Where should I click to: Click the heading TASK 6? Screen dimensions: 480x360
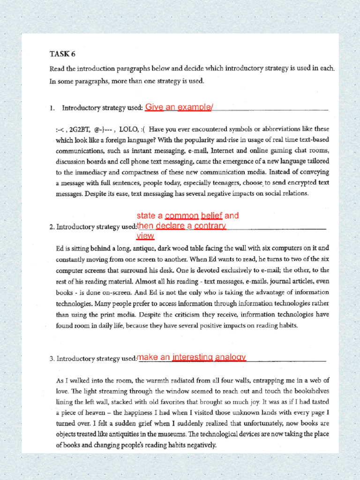click(x=62, y=53)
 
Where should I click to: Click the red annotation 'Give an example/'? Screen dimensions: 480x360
click(x=179, y=107)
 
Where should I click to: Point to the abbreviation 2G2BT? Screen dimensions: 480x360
click(x=80, y=129)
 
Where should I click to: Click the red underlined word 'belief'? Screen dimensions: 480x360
click(x=211, y=216)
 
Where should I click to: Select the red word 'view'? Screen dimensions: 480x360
click(x=145, y=236)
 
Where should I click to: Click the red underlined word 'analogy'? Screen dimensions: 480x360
click(x=230, y=358)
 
